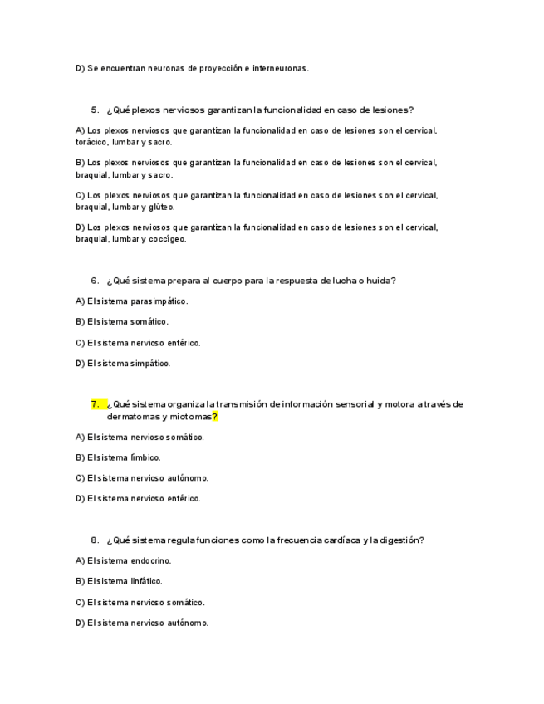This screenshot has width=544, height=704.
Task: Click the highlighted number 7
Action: (96, 404)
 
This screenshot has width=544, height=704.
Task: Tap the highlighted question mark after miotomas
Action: (214, 417)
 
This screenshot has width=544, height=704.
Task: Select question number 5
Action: (95, 110)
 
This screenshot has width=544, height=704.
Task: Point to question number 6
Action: (95, 281)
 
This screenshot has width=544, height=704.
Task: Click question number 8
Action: (95, 540)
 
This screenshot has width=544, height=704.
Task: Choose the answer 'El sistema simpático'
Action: (123, 363)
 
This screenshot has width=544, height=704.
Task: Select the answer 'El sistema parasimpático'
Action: (131, 301)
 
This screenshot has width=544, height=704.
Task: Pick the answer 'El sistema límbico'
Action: (118, 457)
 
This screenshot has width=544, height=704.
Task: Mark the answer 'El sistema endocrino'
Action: (123, 561)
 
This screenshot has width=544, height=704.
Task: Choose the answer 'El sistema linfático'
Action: (119, 581)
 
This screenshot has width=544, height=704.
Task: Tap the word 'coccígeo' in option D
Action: (169, 239)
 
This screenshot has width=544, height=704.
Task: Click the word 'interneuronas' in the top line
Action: (282, 69)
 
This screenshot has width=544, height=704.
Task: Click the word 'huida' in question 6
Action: (382, 281)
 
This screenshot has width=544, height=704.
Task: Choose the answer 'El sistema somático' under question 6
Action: (122, 322)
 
